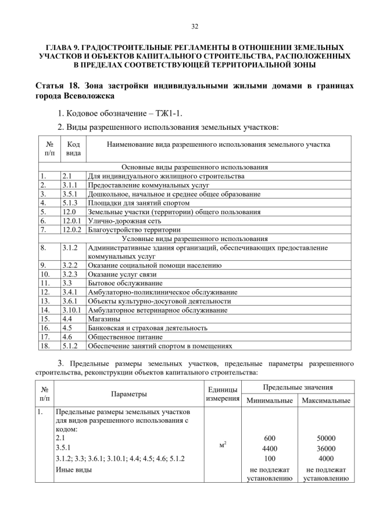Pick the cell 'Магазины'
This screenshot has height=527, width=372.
(104, 319)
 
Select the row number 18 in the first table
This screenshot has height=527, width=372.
(45, 346)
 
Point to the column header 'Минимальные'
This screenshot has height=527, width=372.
(270, 401)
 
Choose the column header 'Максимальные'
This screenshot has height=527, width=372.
(325, 401)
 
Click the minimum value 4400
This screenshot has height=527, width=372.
(269, 448)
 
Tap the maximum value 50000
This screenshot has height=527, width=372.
(325, 438)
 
